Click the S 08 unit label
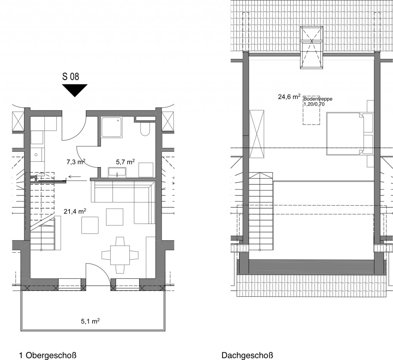(71, 76)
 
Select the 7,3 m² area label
(76, 162)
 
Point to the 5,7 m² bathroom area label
(125, 162)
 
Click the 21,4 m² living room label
(75, 212)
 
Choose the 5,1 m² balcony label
(90, 321)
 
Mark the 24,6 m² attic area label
(289, 97)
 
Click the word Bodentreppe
(318, 99)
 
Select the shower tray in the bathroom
(112, 127)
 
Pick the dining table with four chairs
(120, 255)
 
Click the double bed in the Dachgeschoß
(345, 134)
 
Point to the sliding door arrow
(75, 177)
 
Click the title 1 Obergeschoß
(48, 355)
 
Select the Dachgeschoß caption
(248, 355)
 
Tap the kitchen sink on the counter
(36, 155)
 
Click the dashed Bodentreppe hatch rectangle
(311, 110)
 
